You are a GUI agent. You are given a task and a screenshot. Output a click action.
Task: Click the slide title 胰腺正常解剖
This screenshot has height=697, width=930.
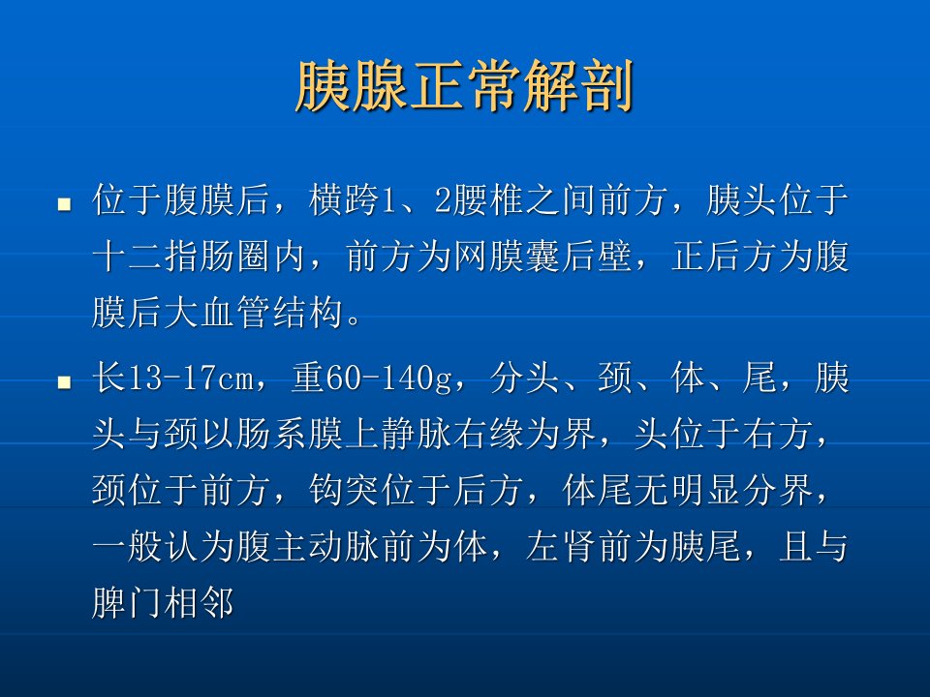coord(465,86)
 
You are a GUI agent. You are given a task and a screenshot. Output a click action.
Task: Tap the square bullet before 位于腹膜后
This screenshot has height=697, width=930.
coord(64,205)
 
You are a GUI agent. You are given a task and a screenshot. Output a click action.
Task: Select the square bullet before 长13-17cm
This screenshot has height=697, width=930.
coord(64,381)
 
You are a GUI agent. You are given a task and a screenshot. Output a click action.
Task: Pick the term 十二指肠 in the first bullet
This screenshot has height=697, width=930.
coord(164,256)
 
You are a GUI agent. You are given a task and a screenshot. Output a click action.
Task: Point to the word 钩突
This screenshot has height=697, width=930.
coord(345,490)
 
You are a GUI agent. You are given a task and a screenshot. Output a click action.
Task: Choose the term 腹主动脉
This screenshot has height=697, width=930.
coord(308,546)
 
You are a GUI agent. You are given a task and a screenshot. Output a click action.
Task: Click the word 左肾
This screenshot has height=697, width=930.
coord(562,546)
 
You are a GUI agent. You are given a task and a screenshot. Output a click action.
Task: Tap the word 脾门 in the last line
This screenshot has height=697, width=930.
coord(128,602)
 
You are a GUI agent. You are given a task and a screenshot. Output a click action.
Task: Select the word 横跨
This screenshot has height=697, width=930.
coord(345,199)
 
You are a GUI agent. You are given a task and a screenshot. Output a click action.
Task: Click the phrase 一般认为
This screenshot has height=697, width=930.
coord(164,546)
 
